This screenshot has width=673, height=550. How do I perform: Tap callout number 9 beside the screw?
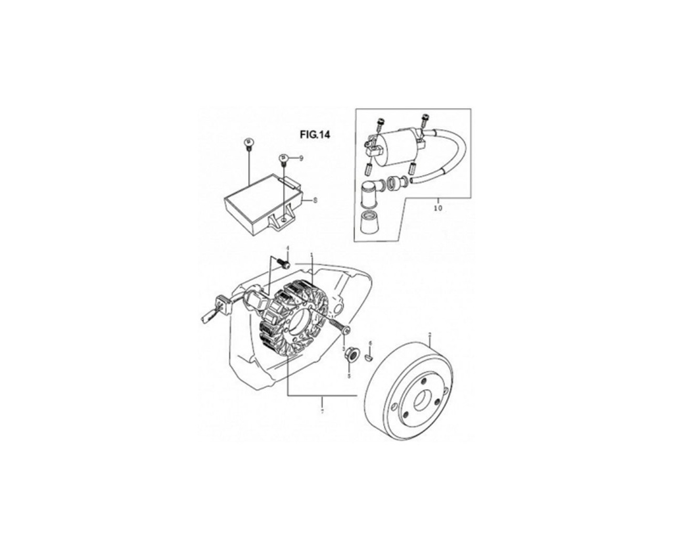tap(301, 159)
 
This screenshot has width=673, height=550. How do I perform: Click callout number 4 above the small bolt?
tap(287, 247)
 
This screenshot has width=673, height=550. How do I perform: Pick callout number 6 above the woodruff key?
tap(370, 343)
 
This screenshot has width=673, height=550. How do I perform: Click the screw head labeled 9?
tap(283, 158)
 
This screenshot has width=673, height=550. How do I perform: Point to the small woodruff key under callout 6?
tap(369, 358)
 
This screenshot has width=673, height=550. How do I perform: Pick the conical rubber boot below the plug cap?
tap(370, 224)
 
